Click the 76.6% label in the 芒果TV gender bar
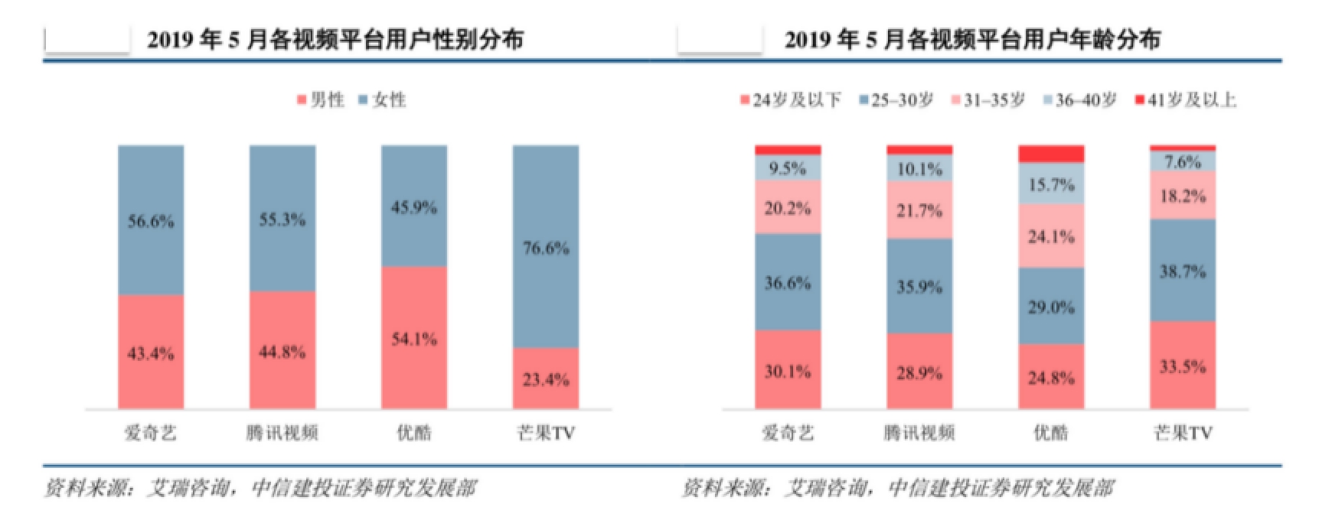545,249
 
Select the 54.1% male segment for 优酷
413,339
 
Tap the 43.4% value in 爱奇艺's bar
150,353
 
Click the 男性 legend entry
321,100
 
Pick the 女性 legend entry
383,100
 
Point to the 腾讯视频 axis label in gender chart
282,433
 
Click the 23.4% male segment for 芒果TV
545,379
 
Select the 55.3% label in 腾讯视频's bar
282,220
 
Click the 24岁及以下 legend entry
791,100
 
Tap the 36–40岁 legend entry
1080,100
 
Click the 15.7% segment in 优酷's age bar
1051,185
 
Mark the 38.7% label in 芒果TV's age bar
1183,271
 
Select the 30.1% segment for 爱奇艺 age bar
788,372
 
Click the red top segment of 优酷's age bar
1051,154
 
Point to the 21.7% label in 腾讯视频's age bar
919,210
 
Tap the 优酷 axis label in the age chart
1051,433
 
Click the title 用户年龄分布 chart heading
972,39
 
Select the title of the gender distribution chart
335,39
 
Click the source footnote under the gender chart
260,488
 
